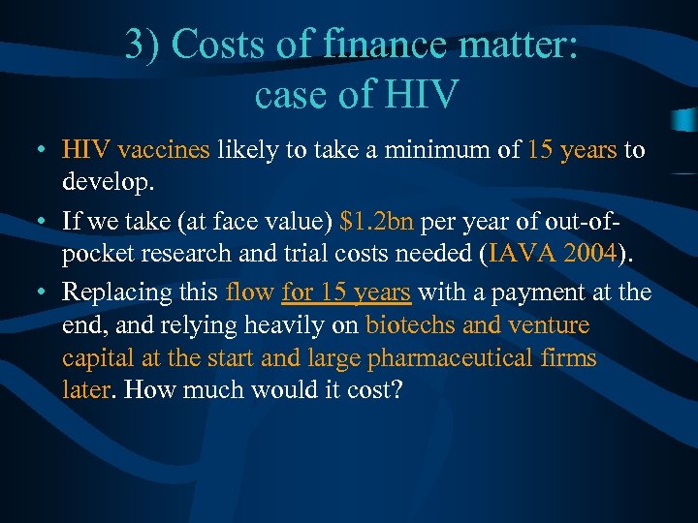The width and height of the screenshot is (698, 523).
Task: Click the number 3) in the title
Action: (143, 46)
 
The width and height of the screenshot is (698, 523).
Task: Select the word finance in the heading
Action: (387, 46)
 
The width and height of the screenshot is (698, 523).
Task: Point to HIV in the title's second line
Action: (419, 95)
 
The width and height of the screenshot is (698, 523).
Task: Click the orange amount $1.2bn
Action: (378, 222)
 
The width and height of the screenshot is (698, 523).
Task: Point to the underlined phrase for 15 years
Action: (346, 292)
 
